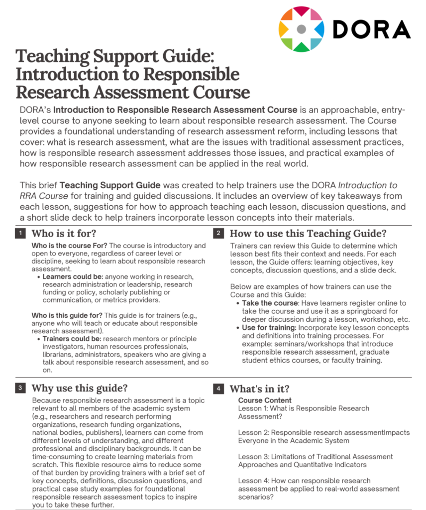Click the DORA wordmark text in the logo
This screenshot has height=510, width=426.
point(371,28)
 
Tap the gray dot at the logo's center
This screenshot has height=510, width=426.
point(301,29)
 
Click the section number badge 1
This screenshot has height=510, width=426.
point(20,233)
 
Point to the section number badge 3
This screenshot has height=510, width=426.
point(20,388)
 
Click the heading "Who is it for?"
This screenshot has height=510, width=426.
point(64,233)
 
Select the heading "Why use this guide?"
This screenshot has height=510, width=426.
point(79,388)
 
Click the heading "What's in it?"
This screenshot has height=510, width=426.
point(259,388)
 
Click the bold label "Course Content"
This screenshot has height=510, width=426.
point(265,400)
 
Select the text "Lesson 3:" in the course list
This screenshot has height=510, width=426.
point(253,457)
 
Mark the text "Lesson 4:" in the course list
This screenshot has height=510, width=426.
point(253,481)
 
